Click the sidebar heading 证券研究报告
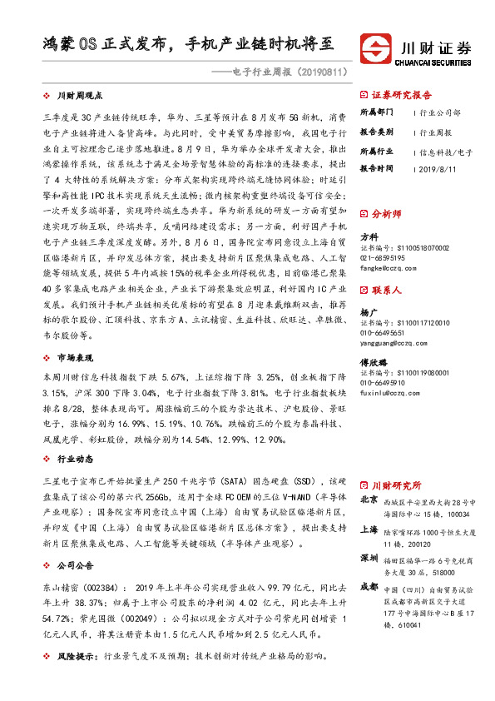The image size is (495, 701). [402, 94]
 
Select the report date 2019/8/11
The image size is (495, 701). [438, 168]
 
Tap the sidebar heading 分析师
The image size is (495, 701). [386, 213]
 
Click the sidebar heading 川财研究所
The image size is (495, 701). [396, 485]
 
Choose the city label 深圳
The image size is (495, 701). [369, 555]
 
